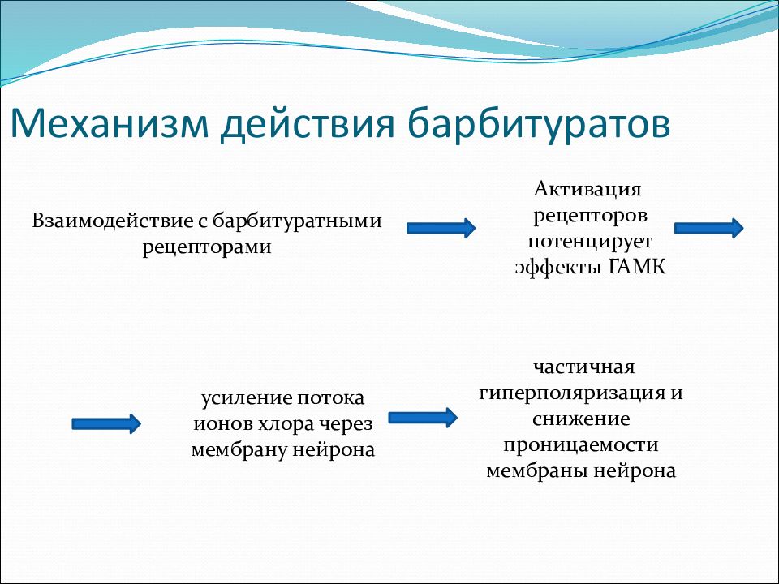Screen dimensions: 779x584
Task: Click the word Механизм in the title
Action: click(x=110, y=122)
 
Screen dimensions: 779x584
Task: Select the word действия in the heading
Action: click(x=308, y=124)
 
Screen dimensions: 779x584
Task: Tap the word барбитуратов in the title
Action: click(x=539, y=124)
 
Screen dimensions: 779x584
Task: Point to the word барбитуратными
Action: click(x=297, y=221)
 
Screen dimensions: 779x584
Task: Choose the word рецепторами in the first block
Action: click(x=207, y=247)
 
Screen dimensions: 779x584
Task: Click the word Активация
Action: click(x=587, y=189)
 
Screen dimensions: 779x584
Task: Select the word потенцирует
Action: click(x=590, y=242)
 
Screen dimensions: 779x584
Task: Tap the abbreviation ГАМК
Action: click(x=637, y=267)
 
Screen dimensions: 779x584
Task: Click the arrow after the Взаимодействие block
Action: click(x=441, y=228)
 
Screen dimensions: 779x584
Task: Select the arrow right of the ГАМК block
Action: click(x=709, y=228)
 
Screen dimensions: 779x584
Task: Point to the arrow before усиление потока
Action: click(x=106, y=423)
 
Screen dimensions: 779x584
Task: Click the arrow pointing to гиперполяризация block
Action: click(x=423, y=418)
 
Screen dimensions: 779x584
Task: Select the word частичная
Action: click(x=584, y=367)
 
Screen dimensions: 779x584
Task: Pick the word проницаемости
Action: click(x=581, y=445)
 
